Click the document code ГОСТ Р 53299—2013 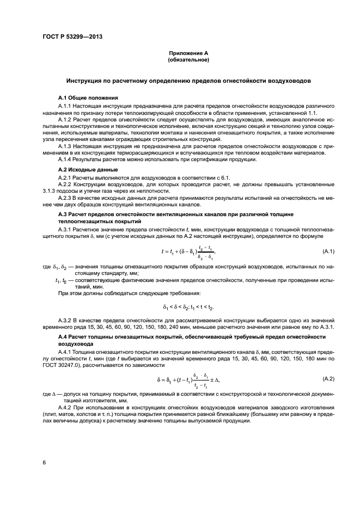pyautogui.click(x=72, y=37)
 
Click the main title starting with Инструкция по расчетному pyautogui.click(x=188, y=80)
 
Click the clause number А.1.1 pyautogui.click(x=65, y=105)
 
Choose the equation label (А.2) pyautogui.click(x=328, y=377)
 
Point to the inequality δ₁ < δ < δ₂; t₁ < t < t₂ pyautogui.click(x=188, y=306)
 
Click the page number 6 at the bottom pyautogui.click(x=44, y=462)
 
